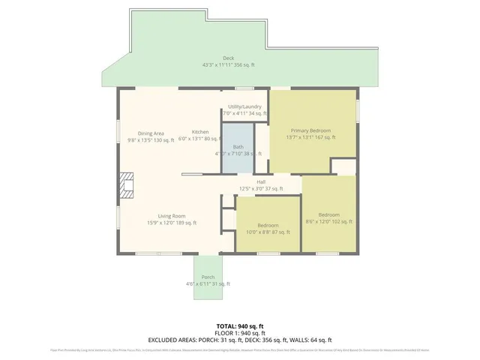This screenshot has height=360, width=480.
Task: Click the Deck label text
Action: [x=228, y=58]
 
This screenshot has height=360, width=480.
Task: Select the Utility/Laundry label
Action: [x=244, y=106]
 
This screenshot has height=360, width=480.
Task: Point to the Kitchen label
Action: [x=199, y=132]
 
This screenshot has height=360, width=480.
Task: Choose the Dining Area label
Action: [x=151, y=133]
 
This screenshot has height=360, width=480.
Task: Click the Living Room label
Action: [x=172, y=216]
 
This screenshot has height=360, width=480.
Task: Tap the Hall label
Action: [x=261, y=181]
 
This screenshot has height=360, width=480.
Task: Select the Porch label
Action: [x=208, y=277]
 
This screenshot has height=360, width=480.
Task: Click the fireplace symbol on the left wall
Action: [x=126, y=185]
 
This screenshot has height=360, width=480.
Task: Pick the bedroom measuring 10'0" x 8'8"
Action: [x=268, y=229]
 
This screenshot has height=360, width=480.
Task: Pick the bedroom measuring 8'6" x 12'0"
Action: [x=328, y=217]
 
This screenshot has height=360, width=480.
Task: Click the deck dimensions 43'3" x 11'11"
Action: [x=228, y=65]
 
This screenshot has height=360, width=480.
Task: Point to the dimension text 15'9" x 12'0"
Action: [x=172, y=223]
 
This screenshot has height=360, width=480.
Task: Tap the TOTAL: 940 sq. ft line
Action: [x=240, y=325]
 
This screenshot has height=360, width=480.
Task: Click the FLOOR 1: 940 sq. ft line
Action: [x=240, y=332]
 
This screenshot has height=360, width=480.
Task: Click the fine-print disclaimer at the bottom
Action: [x=240, y=349]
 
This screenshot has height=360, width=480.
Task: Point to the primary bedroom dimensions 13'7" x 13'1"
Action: [x=310, y=137]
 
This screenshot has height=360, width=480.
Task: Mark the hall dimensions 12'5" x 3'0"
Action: [x=261, y=188]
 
